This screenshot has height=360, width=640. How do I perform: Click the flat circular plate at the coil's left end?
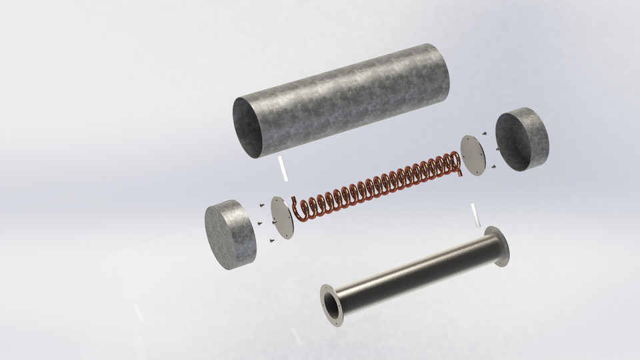[282, 217]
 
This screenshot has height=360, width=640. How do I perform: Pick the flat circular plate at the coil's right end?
[473, 155]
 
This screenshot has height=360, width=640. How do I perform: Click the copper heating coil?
[380, 183]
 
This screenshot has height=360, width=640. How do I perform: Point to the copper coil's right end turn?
[456, 163]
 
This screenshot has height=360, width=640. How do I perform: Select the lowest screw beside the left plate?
[271, 239]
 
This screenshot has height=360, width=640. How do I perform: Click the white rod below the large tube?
[283, 168]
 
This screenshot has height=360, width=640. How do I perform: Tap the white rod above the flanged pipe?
[475, 215]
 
